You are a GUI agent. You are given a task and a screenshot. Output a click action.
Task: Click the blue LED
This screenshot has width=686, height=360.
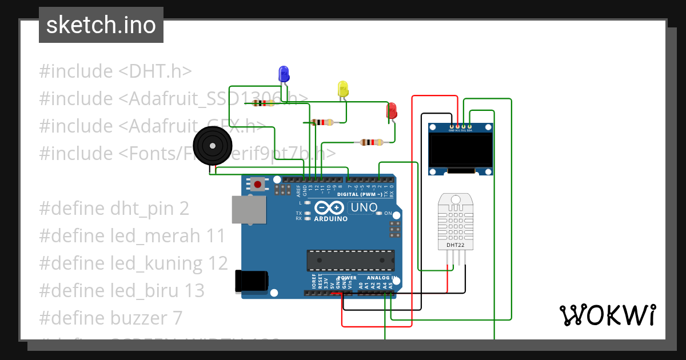point(284,74)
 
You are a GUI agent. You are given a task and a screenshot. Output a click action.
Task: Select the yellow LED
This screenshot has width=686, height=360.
point(343,89)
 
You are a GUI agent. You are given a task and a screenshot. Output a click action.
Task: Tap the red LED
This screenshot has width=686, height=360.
point(392,111)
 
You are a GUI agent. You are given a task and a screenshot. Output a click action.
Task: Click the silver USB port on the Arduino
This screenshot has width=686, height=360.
point(248,210)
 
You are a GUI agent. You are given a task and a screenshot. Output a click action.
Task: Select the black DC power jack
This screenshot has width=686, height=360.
point(252,281)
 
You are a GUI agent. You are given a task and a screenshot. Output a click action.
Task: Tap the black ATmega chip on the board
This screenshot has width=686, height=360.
point(350,260)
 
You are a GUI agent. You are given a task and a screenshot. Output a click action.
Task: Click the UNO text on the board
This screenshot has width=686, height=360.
point(363,207)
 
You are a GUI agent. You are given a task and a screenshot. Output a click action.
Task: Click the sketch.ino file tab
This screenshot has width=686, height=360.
point(101,25)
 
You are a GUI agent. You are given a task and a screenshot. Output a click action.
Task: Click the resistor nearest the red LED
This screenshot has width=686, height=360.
point(372,142)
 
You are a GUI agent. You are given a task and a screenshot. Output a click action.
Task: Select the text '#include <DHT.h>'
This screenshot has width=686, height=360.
point(115,71)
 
